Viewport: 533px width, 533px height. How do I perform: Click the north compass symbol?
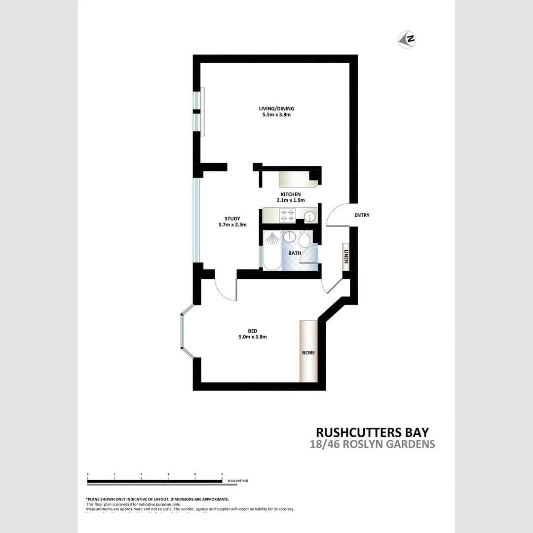407,39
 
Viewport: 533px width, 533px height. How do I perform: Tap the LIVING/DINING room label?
280,109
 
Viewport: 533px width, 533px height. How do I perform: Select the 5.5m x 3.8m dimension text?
280,115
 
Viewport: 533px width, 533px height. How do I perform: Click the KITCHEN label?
291,194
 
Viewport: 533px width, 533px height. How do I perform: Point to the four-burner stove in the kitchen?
287,216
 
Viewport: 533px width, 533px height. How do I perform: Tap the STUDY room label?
232,219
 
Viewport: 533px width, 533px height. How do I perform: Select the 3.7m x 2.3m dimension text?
232,225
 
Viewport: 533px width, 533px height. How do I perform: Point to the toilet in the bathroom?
304,239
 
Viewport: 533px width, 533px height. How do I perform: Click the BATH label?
295,253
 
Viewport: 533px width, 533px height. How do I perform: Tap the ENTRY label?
362,215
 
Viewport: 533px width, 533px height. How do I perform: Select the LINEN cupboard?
346,257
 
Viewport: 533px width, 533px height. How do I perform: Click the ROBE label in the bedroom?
308,353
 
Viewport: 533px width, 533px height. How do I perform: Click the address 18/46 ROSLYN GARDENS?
373,444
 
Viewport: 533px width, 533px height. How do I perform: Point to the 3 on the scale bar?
168,474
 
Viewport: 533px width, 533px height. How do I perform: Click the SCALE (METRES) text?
238,480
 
